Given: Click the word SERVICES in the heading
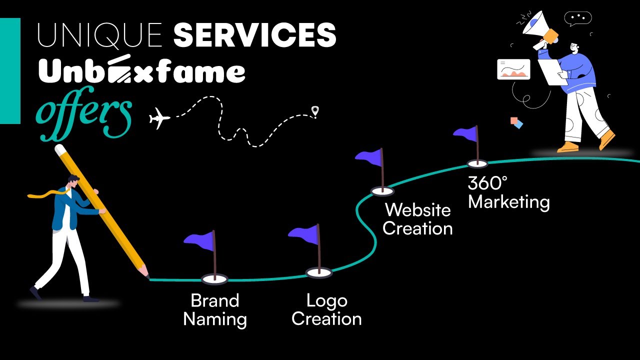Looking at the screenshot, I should pyautogui.click(x=254, y=35).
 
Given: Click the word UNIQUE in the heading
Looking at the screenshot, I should pyautogui.click(x=100, y=35).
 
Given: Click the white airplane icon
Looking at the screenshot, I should pyautogui.click(x=159, y=119).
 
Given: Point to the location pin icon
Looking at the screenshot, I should pyautogui.click(x=314, y=111).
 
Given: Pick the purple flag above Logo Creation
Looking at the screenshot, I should pyautogui.click(x=304, y=233).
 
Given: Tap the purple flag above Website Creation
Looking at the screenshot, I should pyautogui.click(x=369, y=155).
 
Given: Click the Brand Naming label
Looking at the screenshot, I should pyautogui.click(x=215, y=309).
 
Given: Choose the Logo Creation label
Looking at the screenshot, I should pyautogui.click(x=326, y=309).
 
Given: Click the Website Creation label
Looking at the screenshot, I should pyautogui.click(x=417, y=219).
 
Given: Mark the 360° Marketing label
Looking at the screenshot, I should pyautogui.click(x=508, y=192).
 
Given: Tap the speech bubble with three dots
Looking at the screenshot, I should pyautogui.click(x=577, y=18).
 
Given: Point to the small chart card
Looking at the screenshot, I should pyautogui.click(x=513, y=69).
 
